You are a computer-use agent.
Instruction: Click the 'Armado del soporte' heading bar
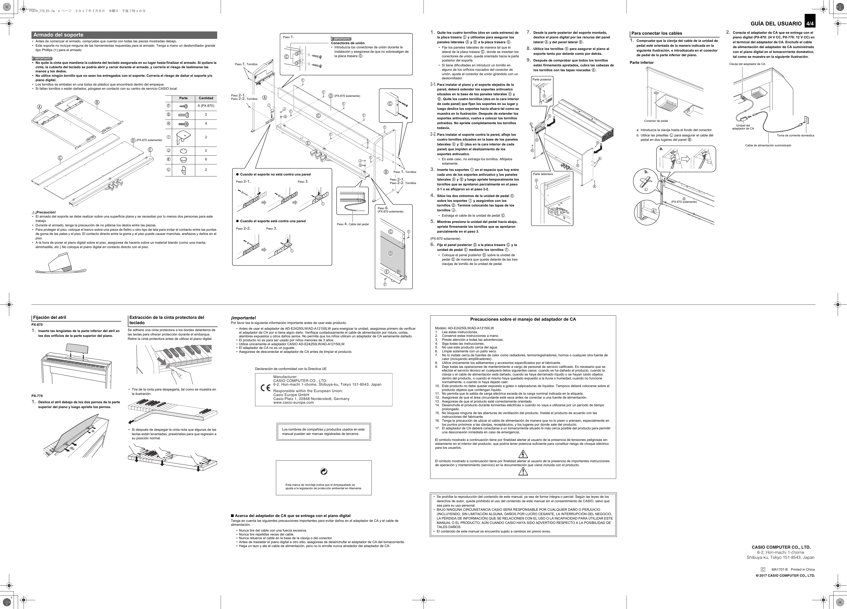(x=124, y=35)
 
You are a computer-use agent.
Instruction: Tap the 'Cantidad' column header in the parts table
(x=206, y=98)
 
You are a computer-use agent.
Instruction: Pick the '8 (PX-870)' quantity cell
(x=206, y=106)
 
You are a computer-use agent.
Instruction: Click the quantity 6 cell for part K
(x=206, y=160)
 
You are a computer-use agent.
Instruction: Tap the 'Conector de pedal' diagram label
(x=656, y=121)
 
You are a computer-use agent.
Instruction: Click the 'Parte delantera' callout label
(x=543, y=174)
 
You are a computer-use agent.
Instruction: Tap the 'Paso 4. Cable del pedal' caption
(x=352, y=224)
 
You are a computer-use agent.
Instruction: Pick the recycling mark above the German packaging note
(x=324, y=472)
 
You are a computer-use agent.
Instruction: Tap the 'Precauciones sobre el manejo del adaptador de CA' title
(x=523, y=319)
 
